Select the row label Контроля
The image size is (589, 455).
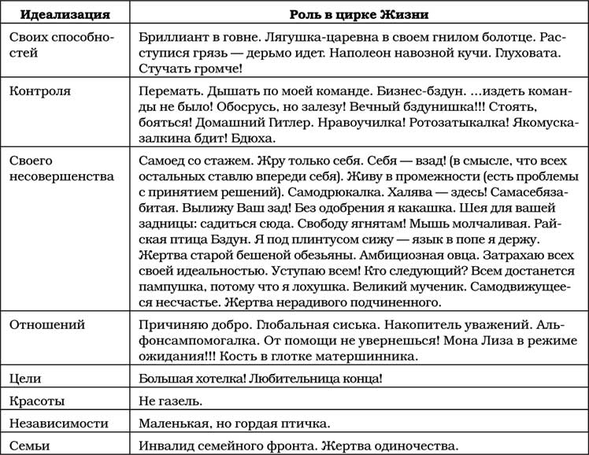pyautogui.click(x=39, y=91)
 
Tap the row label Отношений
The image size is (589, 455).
pyautogui.click(x=46, y=324)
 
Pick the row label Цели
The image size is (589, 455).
pyautogui.click(x=25, y=379)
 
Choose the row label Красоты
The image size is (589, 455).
pyautogui.click(x=37, y=401)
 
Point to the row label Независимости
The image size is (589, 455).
pyautogui.click(x=59, y=423)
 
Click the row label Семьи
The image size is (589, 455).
pyautogui.click(x=31, y=445)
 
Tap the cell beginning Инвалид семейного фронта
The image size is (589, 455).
pyautogui.click(x=297, y=445)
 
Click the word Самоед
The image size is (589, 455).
pyautogui.click(x=161, y=160)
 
